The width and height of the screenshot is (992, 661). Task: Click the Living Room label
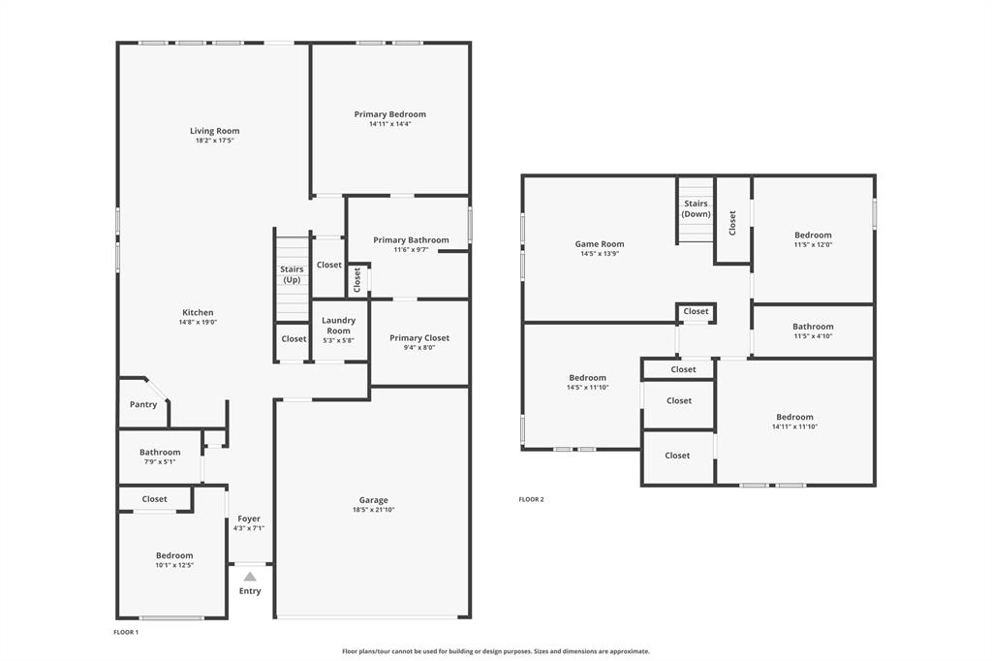(x=214, y=131)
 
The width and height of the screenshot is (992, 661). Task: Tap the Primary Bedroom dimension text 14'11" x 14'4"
(x=389, y=124)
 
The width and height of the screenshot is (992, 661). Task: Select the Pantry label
(x=143, y=405)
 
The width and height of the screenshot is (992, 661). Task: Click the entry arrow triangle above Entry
(x=250, y=576)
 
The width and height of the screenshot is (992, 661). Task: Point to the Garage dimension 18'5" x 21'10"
(x=373, y=510)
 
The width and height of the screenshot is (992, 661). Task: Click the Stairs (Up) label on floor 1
(x=292, y=274)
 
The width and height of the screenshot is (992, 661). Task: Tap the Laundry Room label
(x=338, y=325)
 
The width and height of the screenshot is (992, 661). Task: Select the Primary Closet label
(x=419, y=338)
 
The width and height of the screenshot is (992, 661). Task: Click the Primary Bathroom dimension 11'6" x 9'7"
(x=411, y=250)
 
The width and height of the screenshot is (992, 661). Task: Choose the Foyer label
(x=249, y=519)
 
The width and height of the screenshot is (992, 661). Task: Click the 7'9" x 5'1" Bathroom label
(x=160, y=452)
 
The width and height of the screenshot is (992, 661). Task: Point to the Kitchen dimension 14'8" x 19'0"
(x=198, y=323)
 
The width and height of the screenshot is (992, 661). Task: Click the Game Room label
(x=600, y=244)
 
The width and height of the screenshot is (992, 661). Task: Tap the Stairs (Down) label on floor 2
(x=696, y=208)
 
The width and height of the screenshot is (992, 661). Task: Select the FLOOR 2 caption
(x=531, y=499)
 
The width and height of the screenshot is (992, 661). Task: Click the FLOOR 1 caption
(x=126, y=632)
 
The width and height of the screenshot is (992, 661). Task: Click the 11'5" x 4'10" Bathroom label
(x=813, y=327)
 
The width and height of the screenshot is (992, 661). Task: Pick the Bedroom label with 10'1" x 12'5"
(x=174, y=555)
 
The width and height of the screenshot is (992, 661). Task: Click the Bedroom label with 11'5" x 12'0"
(x=813, y=235)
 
